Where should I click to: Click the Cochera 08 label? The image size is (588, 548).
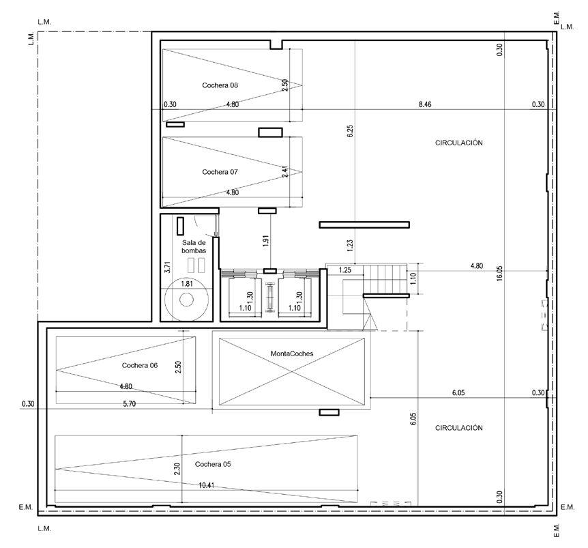220,85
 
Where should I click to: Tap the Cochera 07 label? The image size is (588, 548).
220,172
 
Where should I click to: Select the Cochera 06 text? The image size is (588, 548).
140,365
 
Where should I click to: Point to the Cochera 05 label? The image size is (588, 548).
213,464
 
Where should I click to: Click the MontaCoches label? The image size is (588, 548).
292,354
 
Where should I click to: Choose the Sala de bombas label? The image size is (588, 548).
194,246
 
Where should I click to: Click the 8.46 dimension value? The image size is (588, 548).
425,104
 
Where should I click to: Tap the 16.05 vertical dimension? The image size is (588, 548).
499,274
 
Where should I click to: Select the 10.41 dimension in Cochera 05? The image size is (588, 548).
206,485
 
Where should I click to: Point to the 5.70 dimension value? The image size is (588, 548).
130,403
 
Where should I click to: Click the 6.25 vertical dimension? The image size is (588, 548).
350,131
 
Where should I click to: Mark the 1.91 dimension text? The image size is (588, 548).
266,240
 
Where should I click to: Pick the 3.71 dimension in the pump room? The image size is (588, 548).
168,267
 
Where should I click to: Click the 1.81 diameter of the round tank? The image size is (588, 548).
187,284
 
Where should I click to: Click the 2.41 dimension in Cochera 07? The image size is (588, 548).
285,171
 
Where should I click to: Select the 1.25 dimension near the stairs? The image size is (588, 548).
345,270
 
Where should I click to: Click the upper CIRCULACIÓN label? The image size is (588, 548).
458,143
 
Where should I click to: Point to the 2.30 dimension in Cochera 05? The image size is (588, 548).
177,468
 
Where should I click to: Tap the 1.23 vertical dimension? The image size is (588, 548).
350,245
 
